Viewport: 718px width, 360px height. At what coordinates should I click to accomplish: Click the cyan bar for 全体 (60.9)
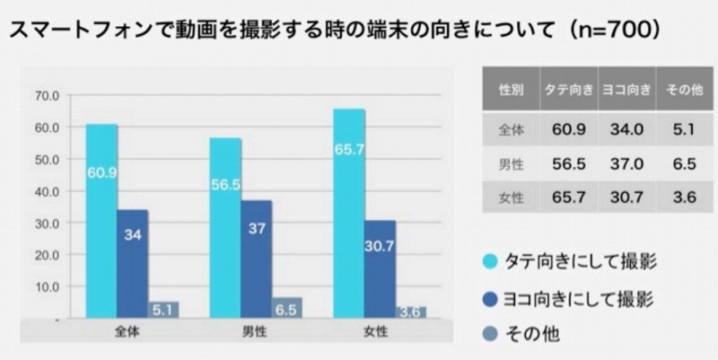(x=101, y=220)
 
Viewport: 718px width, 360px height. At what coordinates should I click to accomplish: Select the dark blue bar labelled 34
(x=132, y=264)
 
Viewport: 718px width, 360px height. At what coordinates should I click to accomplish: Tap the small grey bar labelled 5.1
(x=163, y=311)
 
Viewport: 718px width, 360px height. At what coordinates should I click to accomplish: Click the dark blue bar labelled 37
(x=256, y=259)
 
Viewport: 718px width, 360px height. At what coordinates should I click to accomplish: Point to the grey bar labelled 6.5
(x=287, y=308)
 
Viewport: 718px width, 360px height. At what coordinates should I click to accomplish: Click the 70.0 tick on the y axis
(x=47, y=95)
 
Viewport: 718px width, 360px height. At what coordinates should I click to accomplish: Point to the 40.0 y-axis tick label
(x=47, y=191)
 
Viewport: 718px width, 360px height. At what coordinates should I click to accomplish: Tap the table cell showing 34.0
(x=627, y=129)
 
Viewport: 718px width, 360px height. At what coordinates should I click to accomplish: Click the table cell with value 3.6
(x=685, y=198)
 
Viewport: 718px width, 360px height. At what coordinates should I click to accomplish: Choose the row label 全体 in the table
(x=512, y=129)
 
